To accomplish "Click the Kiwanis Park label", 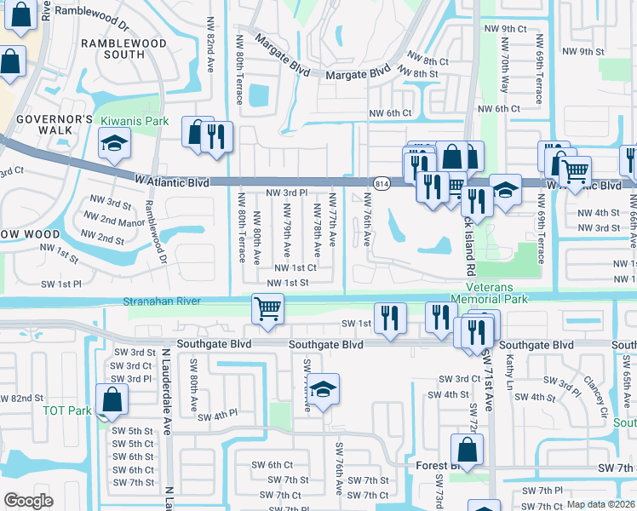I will [x=135, y=122].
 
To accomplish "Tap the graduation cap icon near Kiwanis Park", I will [x=114, y=145].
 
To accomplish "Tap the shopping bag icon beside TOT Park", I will [x=112, y=399].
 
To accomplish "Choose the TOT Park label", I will [x=66, y=411].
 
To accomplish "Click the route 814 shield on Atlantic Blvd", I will [x=381, y=183].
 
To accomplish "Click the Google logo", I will [x=29, y=501].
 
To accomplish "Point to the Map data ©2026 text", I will [x=600, y=504].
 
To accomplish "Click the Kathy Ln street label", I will [x=510, y=371].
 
